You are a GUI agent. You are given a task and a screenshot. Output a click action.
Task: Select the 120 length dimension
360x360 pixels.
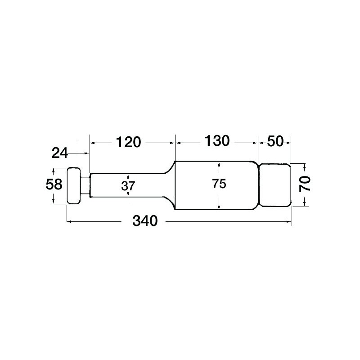pyautogui.click(x=128, y=142)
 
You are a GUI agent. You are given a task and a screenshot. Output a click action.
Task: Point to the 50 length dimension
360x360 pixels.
pyautogui.click(x=274, y=141)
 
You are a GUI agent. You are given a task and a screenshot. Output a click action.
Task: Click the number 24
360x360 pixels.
pyautogui.click(x=59, y=153)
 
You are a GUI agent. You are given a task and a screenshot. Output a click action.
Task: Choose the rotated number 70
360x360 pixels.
pyautogui.click(x=306, y=184)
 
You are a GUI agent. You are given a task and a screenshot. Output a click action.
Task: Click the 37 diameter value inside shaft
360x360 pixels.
pyautogui.click(x=128, y=185)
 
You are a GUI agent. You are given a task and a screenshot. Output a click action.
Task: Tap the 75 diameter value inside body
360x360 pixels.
pyautogui.click(x=219, y=184)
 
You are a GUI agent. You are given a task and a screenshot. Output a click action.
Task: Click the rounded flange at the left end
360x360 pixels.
pyautogui.click(x=73, y=186)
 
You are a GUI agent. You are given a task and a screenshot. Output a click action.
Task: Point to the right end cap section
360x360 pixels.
pyautogui.click(x=274, y=185)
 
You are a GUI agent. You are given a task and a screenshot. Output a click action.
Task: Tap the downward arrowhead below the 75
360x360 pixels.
pyautogui.click(x=219, y=207)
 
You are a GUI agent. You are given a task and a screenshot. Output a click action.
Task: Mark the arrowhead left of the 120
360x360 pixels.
pyautogui.click(x=93, y=142)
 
